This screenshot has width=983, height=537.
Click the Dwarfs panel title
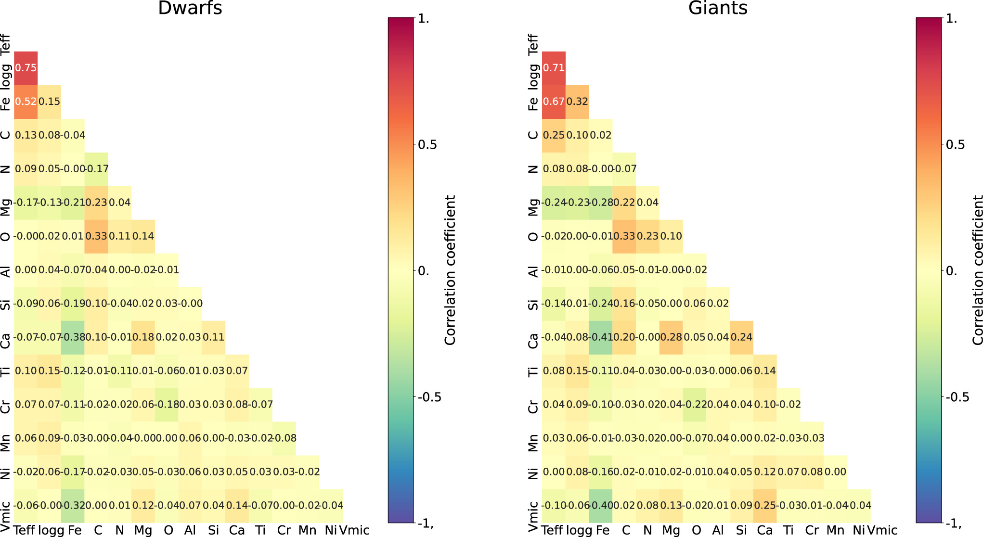[190, 8]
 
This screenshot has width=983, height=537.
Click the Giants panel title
[718, 8]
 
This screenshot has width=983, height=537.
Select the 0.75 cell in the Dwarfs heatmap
[26, 68]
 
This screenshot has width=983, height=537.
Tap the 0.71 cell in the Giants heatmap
[554, 68]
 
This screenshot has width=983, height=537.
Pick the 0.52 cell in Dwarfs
[26, 102]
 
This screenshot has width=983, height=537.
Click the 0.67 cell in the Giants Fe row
[554, 102]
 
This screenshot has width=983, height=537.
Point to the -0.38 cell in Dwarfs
[73, 337]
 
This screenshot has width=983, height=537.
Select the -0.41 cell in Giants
[601, 337]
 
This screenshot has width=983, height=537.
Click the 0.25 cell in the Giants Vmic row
[765, 506]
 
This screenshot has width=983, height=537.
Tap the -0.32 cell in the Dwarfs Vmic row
[73, 506]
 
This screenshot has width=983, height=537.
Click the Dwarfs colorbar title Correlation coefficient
[450, 270]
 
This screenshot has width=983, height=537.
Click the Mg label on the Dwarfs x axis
[143, 530]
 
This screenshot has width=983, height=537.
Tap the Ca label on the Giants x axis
[764, 530]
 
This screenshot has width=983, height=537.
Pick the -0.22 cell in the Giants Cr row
[695, 405]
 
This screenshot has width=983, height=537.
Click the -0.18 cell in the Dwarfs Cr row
[167, 405]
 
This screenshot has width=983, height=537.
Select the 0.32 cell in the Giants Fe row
[577, 102]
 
